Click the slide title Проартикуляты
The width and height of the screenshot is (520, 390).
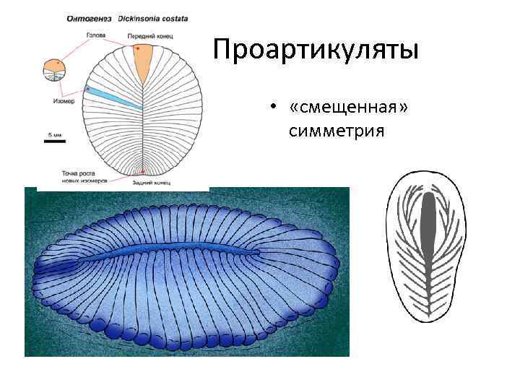(x=316, y=51)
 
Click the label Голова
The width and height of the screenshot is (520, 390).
(x=97, y=35)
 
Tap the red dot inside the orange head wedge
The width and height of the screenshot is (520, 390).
(x=137, y=49)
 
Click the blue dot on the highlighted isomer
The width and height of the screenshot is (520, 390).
(x=88, y=89)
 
